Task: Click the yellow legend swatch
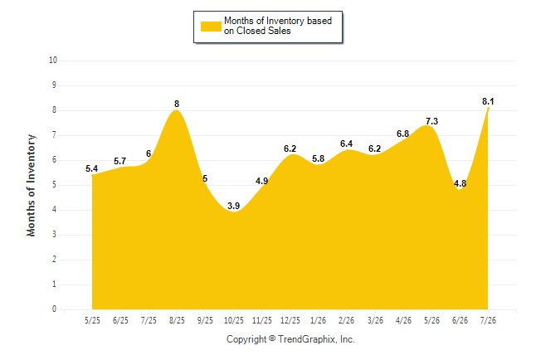211,27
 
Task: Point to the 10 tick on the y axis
53,61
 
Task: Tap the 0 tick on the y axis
54,309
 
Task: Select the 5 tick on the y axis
54,185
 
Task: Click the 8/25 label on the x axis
177,320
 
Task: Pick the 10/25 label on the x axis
234,320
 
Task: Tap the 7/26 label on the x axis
488,320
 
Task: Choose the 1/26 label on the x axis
319,320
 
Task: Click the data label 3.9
233,206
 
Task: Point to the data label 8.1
488,101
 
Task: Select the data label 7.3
431,121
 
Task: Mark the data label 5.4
91,168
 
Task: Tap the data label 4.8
460,183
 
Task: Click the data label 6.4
346,144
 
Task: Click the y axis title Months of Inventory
31,185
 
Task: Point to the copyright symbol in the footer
272,338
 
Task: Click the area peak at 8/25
177,110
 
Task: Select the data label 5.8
319,158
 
